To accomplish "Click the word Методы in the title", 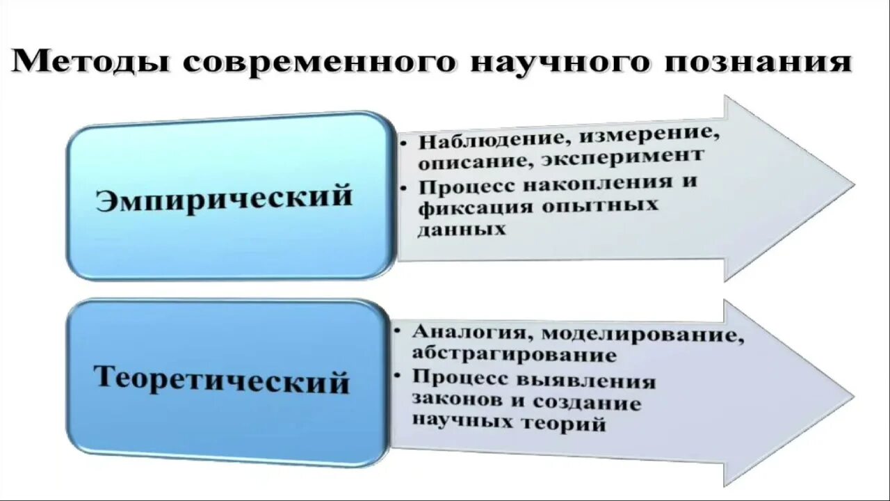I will click(90, 63).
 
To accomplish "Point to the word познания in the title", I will click(758, 63).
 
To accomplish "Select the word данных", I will click(462, 230).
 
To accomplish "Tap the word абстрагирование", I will click(514, 354).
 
